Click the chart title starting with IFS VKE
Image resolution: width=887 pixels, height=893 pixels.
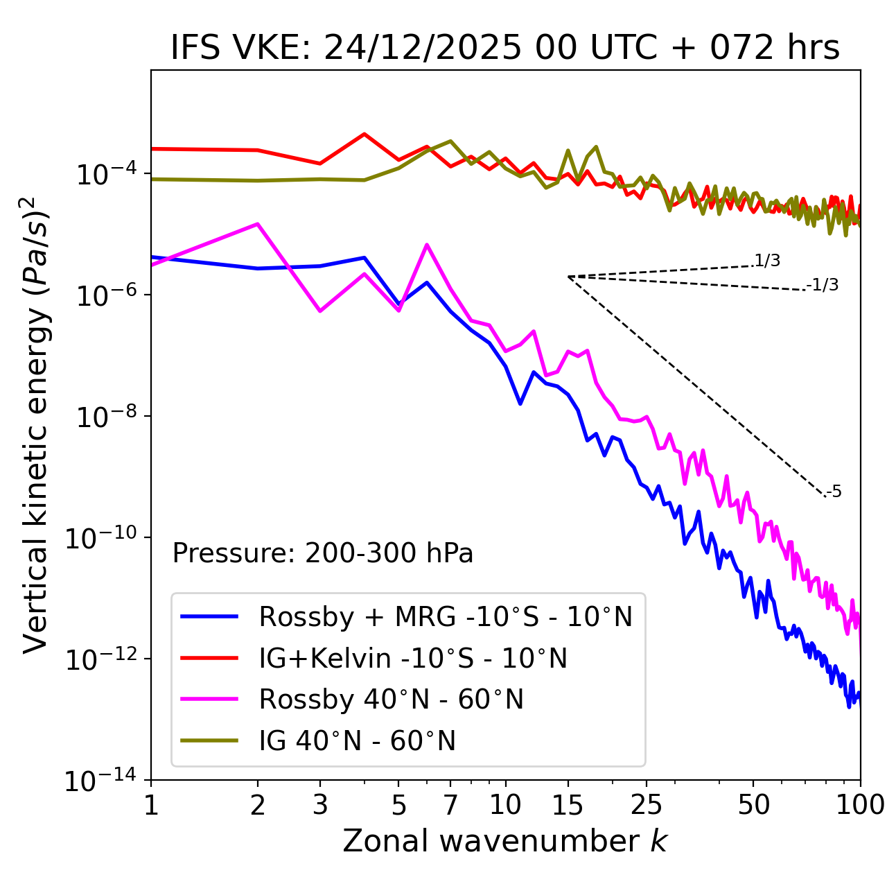[x=504, y=49]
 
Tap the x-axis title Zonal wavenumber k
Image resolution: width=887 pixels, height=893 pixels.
[x=504, y=842]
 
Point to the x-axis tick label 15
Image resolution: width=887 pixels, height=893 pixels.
[x=568, y=805]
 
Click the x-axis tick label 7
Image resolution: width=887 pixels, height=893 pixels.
[x=450, y=805]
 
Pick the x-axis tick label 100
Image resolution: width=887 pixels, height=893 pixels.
[x=859, y=805]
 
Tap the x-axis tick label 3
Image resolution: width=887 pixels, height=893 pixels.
[x=319, y=805]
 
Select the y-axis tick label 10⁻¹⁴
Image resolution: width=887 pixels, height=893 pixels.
[x=101, y=781]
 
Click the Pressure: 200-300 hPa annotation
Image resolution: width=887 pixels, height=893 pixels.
[x=323, y=553]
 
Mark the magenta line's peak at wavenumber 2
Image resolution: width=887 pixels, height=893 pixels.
[x=258, y=224]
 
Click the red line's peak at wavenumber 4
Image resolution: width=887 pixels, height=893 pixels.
[x=365, y=134]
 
